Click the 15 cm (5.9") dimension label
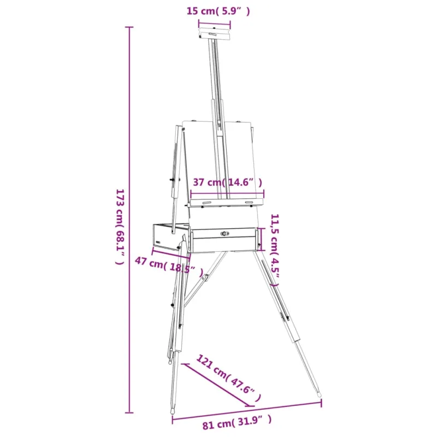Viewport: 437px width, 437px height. coord(218,11)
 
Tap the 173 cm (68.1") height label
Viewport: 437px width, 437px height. coord(120,227)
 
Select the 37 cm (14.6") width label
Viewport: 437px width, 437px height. coord(227,182)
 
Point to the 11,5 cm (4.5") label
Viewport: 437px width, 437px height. coord(275,250)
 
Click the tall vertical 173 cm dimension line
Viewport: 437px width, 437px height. coord(129,220)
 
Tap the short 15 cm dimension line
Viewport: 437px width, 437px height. coord(214,24)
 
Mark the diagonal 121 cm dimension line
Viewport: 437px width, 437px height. coord(217,385)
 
